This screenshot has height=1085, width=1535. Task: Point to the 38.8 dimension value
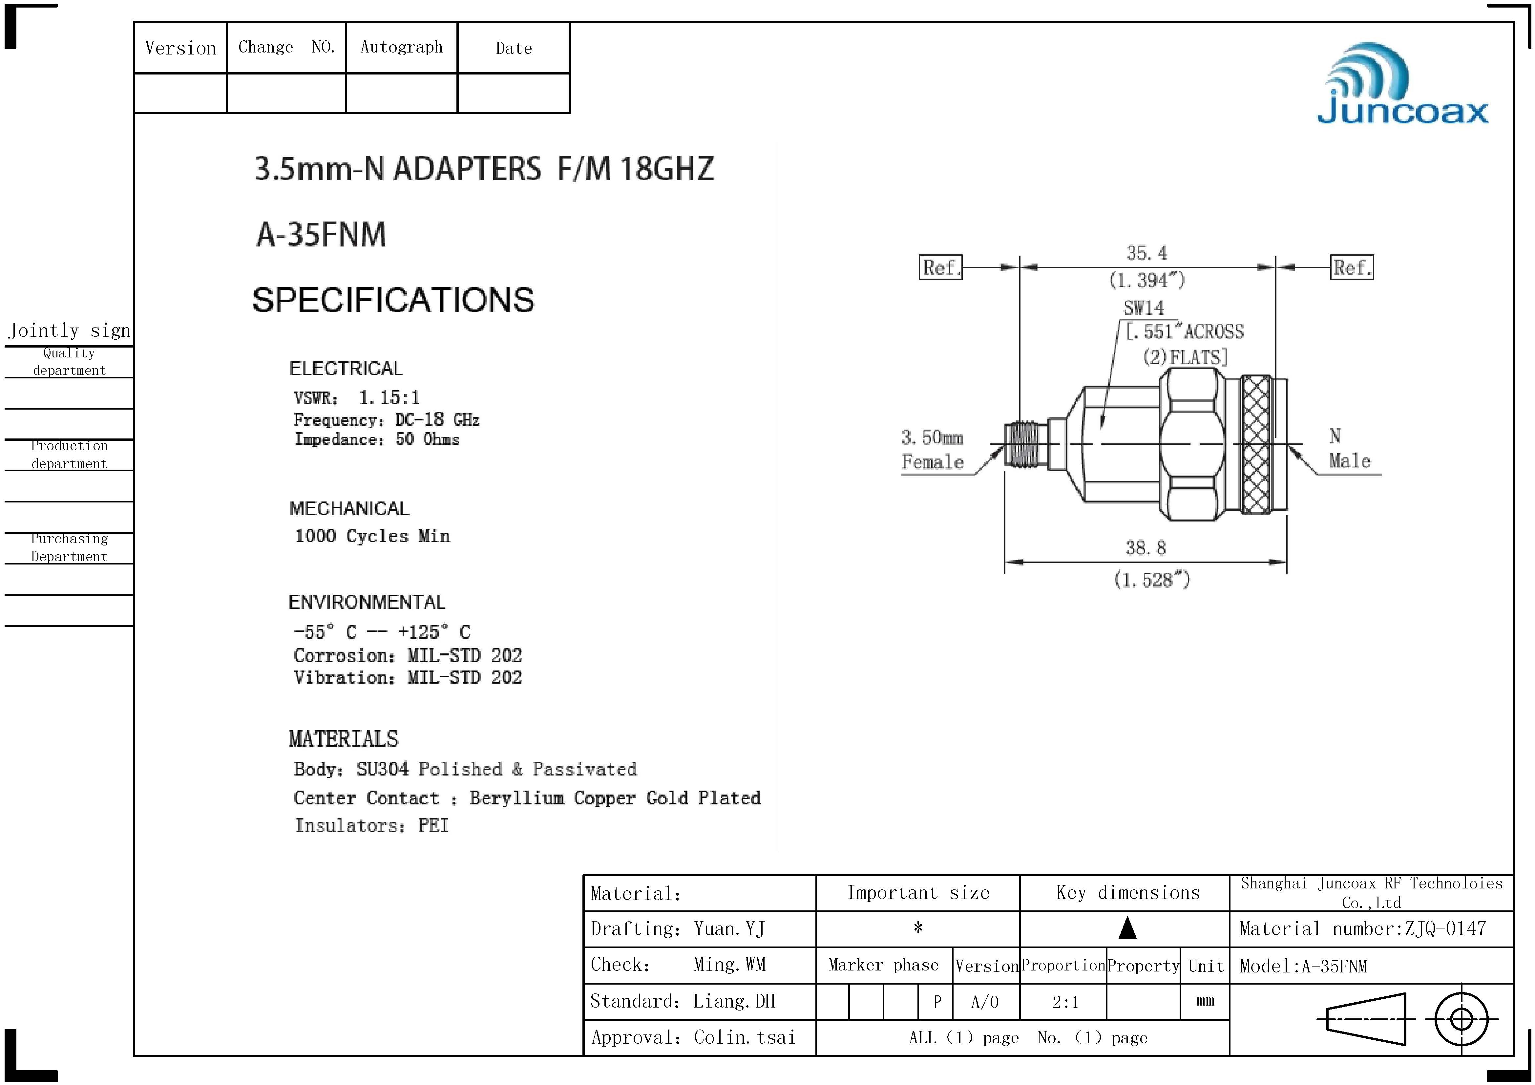(1145, 548)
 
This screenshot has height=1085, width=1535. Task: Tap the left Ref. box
(941, 267)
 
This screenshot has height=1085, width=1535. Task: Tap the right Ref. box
(1352, 267)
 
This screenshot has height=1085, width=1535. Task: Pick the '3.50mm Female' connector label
(933, 450)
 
